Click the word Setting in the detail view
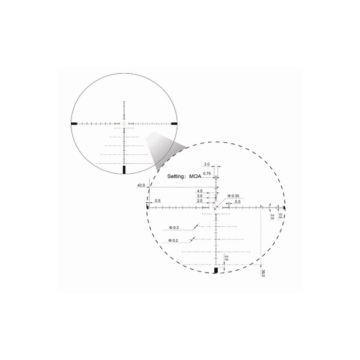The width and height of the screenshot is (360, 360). (175, 177)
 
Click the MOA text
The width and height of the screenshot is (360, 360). (195, 177)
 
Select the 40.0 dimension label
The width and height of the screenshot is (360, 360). (141, 185)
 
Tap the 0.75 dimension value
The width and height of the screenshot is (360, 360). (207, 174)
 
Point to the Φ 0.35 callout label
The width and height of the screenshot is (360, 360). (233, 196)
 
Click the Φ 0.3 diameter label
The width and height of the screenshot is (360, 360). (174, 227)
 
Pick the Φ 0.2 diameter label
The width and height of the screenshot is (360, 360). (173, 241)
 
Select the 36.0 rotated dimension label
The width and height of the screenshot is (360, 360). (263, 273)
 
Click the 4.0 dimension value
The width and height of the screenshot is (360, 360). (200, 191)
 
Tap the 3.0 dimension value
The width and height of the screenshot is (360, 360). (200, 196)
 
